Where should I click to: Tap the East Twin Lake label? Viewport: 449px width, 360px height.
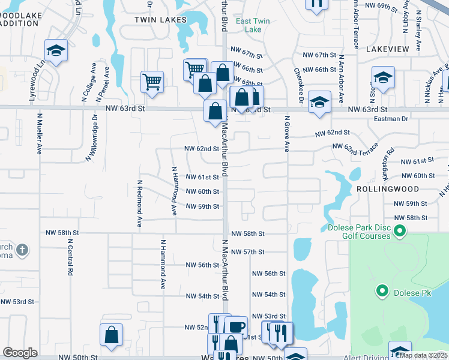pos(253,25)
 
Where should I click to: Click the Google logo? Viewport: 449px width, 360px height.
pos(20,353)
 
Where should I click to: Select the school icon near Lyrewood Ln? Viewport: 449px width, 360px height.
pos(56,51)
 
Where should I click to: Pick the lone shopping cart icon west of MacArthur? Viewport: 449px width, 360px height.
pos(152,80)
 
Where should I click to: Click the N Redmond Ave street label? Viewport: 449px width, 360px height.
pos(139,203)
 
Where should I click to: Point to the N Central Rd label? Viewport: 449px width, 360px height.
pos(70,257)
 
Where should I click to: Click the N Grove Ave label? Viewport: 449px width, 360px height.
pos(287,133)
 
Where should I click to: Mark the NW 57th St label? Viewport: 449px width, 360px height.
pos(247,252)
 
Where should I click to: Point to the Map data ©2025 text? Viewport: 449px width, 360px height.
pos(423,355)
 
